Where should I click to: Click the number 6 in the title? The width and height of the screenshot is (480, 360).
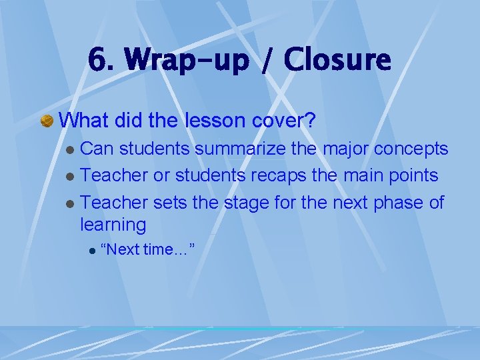click(x=97, y=61)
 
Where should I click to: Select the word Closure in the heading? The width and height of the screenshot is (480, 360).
click(x=337, y=61)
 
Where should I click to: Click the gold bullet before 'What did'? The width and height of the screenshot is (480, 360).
click(x=47, y=121)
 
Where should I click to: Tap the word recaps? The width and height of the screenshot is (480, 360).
click(x=291, y=176)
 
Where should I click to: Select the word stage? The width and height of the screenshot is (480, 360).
click(x=251, y=203)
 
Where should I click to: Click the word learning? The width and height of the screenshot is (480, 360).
click(x=113, y=225)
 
